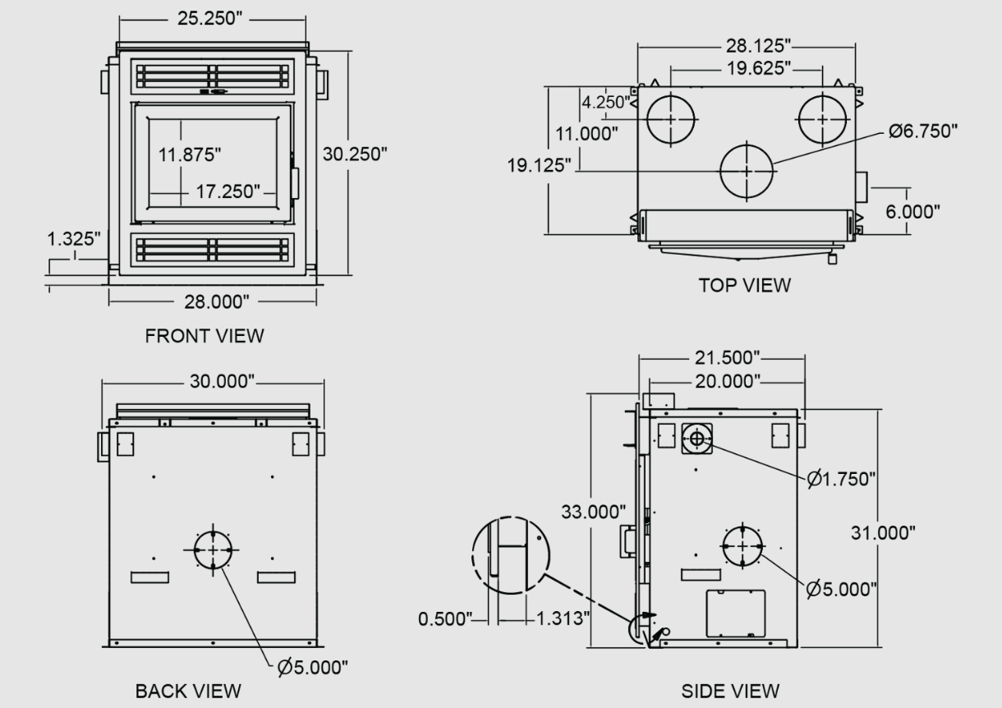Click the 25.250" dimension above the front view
click(209, 18)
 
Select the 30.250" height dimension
click(355, 154)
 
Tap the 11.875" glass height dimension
click(190, 154)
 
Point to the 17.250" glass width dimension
click(228, 191)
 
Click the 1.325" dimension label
click(74, 238)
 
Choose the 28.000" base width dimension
click(217, 302)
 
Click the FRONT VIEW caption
click(205, 336)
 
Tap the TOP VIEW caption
click(745, 285)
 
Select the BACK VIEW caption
click(188, 691)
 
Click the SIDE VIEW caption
click(730, 691)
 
